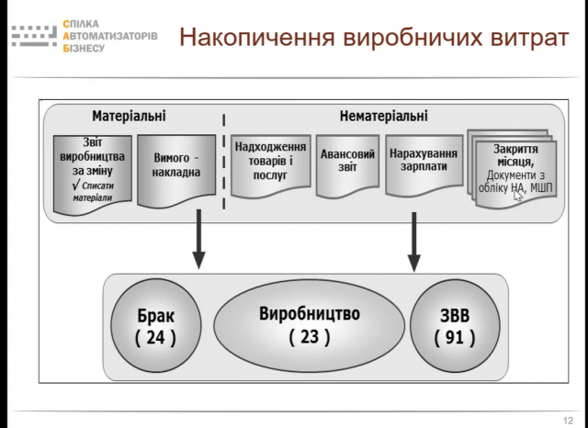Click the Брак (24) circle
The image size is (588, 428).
tap(156, 325)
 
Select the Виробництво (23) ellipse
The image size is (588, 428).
tap(310, 325)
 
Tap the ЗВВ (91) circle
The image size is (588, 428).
tap(455, 325)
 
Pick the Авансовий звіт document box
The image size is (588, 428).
tap(347, 165)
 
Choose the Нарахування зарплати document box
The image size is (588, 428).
tap(424, 165)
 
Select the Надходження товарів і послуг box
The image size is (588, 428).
tap(270, 165)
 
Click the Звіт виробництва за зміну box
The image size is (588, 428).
tap(93, 175)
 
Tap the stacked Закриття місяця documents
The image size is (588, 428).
tap(513, 169)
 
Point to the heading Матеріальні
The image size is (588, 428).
tap(129, 116)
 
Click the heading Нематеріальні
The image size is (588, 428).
tap(384, 116)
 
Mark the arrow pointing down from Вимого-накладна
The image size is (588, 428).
tap(198, 239)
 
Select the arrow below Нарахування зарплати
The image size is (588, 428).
tap(414, 242)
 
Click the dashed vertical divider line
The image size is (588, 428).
tap(224, 162)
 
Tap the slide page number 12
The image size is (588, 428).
tap(568, 420)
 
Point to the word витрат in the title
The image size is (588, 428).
tap(529, 38)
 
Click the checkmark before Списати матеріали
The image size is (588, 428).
tap(75, 185)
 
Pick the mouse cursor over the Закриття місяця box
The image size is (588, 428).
tap(518, 196)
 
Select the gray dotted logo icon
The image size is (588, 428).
tap(35, 36)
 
